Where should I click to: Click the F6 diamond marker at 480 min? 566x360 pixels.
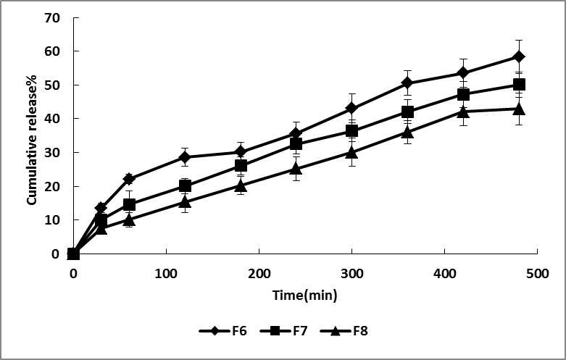[x=519, y=56]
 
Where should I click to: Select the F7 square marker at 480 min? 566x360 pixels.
[x=519, y=85]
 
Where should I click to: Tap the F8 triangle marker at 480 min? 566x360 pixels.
[x=519, y=109]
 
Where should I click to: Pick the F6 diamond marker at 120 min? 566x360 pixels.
[x=185, y=157]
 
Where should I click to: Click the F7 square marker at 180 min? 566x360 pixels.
[x=241, y=166]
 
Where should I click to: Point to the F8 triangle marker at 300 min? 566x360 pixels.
[x=352, y=152]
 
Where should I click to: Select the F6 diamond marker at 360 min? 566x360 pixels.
[x=407, y=83]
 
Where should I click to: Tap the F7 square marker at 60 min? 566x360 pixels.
[x=129, y=204]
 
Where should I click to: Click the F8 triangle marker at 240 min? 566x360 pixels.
[x=296, y=169]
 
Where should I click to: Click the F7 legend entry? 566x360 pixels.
[x=286, y=332]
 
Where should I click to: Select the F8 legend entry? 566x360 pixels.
[x=349, y=332]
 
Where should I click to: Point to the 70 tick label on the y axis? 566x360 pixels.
[x=52, y=17]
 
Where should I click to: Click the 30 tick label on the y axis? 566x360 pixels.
[x=52, y=153]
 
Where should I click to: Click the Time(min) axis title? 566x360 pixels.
[x=304, y=296]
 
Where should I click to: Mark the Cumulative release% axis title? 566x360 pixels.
[x=33, y=135]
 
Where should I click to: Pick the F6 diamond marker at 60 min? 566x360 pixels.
[x=129, y=179]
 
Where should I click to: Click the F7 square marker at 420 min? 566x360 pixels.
[x=463, y=94]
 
